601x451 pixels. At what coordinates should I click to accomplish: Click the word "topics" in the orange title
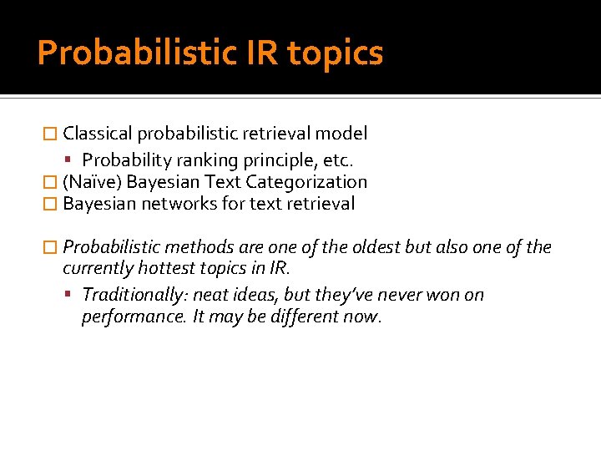pyautogui.click(x=335, y=53)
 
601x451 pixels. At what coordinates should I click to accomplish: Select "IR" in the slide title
pyautogui.click(x=260, y=53)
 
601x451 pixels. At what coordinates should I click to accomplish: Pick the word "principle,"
pyautogui.click(x=272, y=159)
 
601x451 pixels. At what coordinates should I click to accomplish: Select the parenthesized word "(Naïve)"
pyautogui.click(x=93, y=182)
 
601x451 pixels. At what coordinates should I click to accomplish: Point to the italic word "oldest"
pyautogui.click(x=373, y=247)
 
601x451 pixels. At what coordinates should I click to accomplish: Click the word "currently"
pyautogui.click(x=98, y=270)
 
